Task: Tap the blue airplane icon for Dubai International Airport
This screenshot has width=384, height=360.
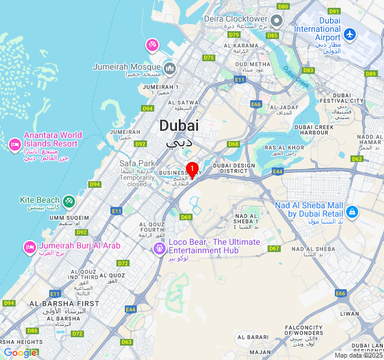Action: click(x=349, y=34)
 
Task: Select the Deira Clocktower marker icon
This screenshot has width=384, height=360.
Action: click(x=276, y=21)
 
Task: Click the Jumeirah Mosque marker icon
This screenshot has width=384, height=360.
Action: click(x=169, y=67)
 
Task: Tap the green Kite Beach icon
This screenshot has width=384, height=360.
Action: click(x=69, y=200)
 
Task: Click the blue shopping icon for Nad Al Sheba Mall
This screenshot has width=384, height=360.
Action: click(x=352, y=211)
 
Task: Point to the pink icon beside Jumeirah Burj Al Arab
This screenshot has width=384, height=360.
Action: click(x=29, y=247)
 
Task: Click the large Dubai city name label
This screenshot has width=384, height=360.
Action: click(x=179, y=126)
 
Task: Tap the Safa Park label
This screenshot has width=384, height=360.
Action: click(x=137, y=163)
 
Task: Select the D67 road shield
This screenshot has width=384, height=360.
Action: click(x=274, y=248)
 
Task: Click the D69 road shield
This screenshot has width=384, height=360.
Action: click(x=186, y=217)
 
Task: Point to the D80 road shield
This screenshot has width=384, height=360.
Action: click(x=283, y=6)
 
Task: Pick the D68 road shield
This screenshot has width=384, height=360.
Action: click(x=233, y=144)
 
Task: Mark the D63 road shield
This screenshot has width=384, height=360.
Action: click(x=126, y=342)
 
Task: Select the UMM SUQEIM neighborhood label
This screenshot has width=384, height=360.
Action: click(x=70, y=218)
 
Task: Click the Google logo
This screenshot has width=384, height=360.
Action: click(x=20, y=353)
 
